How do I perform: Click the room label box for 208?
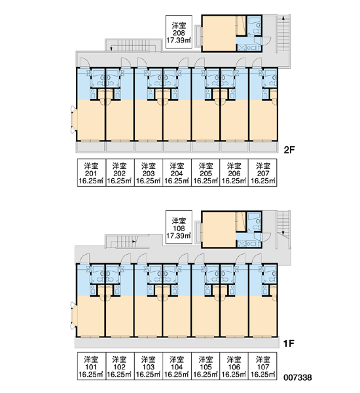coord(179,32)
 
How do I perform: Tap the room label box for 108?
coord(179,227)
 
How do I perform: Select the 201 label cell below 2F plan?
coord(92,173)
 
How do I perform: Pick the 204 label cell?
coord(177,173)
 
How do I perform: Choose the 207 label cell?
coord(262,173)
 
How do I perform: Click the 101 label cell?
coord(92,366)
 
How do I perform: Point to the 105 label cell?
coord(206,366)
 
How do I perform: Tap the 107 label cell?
coord(262,366)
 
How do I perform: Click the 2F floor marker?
coord(289,150)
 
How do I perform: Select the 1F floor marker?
coord(289,344)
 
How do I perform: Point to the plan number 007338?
coord(298,377)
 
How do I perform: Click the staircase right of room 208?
coord(283,34)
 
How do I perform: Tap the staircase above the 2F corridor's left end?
coord(133,45)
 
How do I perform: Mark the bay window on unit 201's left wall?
coord(74,119)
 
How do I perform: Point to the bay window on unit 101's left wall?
coord(74,315)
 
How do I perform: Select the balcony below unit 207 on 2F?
coord(263,147)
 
